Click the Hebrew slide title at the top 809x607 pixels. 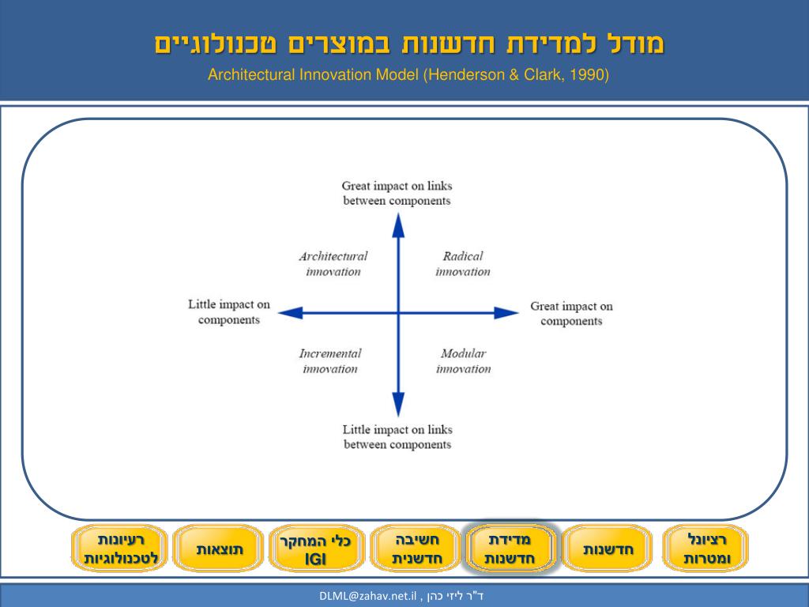[409, 43]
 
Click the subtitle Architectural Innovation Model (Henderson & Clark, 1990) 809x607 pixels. [408, 75]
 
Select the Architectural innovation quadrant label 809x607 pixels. [333, 264]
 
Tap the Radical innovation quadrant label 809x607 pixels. [462, 264]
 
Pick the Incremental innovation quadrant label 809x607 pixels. [330, 361]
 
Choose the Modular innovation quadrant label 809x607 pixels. [463, 361]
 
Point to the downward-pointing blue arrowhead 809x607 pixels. [398, 404]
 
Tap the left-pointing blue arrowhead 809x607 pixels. [291, 313]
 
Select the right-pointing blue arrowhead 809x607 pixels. [506, 313]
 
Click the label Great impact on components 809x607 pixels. [571, 314]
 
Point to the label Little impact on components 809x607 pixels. [229, 311]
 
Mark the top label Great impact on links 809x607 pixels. [397, 194]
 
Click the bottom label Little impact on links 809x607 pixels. [397, 437]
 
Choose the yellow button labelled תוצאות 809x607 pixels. [220, 549]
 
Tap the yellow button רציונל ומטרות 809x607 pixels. [706, 549]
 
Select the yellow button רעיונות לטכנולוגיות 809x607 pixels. [121, 549]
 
